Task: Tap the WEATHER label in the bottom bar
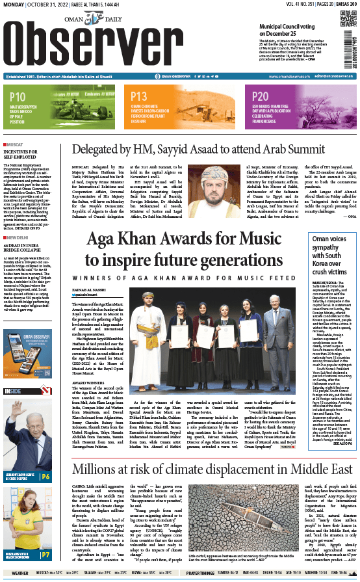pyautogui.click(x=19, y=573)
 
